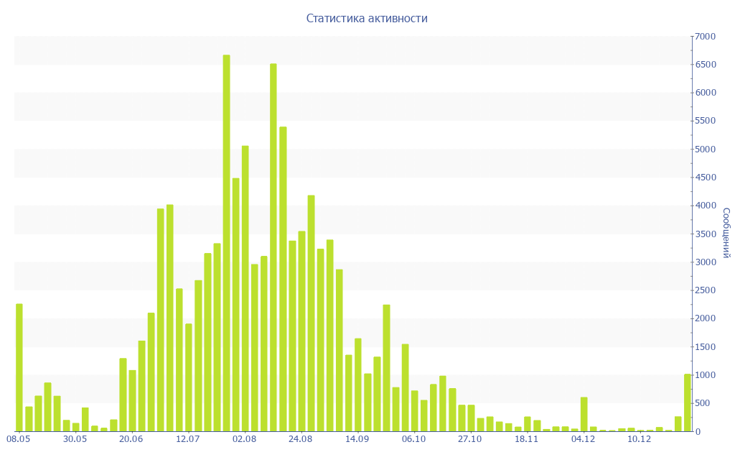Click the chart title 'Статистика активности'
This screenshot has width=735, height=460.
click(367, 19)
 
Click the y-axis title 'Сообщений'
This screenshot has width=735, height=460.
click(726, 233)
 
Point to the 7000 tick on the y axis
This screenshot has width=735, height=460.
click(705, 37)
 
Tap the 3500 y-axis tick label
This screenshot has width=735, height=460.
click(705, 234)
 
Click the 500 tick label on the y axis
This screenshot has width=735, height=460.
click(707, 403)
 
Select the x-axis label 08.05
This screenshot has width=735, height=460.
click(18, 438)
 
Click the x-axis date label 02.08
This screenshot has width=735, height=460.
click(244, 438)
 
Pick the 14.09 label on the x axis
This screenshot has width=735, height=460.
click(357, 438)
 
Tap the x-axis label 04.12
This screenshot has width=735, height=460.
click(583, 438)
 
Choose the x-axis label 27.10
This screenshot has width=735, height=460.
click(469, 438)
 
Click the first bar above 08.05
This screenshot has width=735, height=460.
click(19, 367)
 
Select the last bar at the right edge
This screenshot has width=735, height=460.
click(687, 402)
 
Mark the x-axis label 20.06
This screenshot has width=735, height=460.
click(131, 438)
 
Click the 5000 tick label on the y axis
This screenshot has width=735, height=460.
click(705, 149)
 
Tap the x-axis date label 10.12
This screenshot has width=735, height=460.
click(639, 438)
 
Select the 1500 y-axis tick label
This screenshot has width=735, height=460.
click(705, 347)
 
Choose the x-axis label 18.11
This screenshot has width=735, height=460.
click(526, 438)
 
